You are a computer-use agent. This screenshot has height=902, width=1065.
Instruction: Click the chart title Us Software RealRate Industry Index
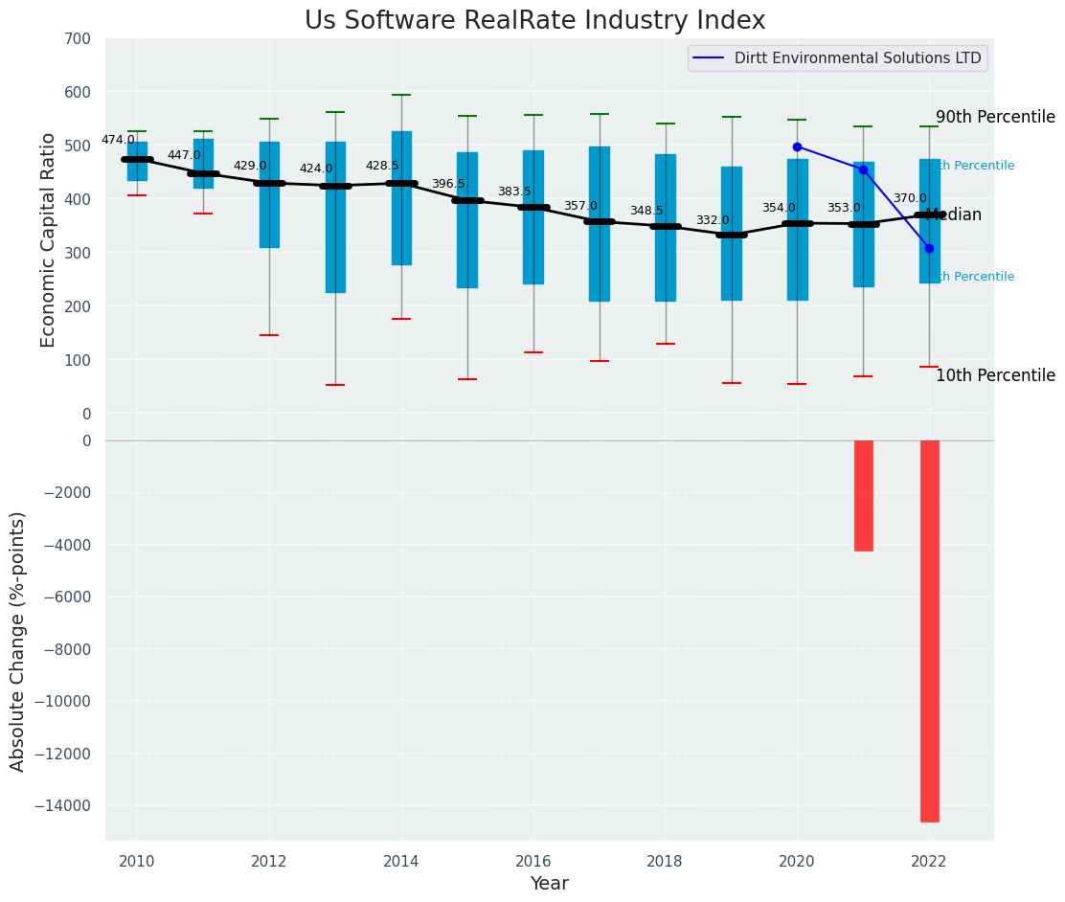[534, 21]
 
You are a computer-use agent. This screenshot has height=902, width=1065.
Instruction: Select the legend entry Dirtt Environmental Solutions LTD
[858, 58]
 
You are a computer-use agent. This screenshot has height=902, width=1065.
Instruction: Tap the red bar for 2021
[863, 495]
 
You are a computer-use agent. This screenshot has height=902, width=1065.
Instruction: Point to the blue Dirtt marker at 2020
[797, 147]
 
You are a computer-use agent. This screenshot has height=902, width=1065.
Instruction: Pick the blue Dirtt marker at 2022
[929, 248]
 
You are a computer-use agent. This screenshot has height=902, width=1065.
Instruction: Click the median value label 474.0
[118, 140]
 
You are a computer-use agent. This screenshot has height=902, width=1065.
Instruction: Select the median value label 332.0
[713, 220]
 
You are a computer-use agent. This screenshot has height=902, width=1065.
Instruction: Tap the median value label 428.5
[382, 166]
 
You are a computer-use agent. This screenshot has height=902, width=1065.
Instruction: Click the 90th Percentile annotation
[995, 117]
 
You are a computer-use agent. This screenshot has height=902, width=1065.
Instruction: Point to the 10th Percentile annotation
[995, 375]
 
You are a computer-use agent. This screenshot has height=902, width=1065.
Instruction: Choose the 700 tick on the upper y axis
[79, 39]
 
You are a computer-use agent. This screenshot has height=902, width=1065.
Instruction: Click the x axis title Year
[549, 884]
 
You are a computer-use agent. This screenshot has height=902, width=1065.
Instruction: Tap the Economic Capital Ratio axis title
[49, 226]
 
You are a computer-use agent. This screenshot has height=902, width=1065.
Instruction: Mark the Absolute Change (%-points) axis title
[18, 641]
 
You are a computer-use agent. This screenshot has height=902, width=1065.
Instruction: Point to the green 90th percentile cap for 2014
[401, 95]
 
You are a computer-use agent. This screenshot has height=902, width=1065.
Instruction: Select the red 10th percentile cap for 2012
[269, 335]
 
